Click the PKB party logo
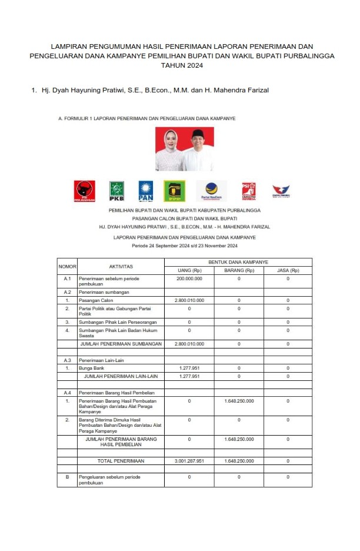[116, 191]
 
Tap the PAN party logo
[146, 191]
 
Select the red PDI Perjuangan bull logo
[85, 191]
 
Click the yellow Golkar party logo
[175, 191]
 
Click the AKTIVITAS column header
[121, 267]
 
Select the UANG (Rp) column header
[189, 270]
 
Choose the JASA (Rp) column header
[288, 270]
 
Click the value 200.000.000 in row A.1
[189, 278]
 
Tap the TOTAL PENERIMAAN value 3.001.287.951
[189, 461]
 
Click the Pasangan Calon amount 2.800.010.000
[189, 300]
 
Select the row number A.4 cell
[67, 391]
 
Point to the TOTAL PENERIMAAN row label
[121, 461]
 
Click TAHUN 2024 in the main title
[181, 66]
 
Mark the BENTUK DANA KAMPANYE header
[238, 261]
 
